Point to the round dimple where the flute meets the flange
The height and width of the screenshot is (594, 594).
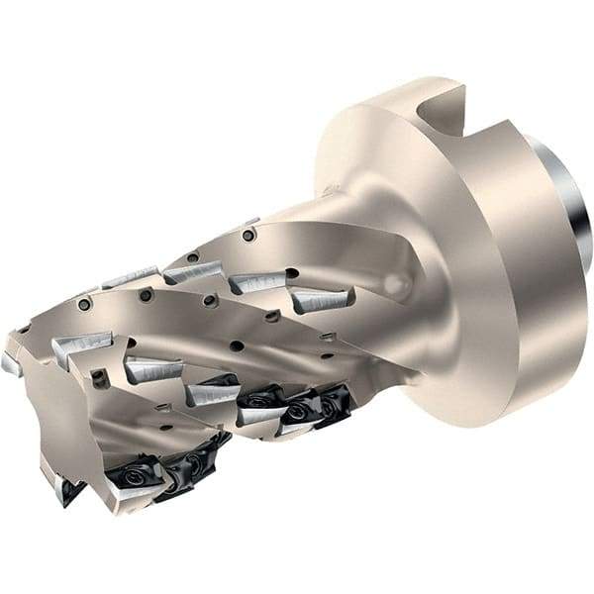pos(395,284)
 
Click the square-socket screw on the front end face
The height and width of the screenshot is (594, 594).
pos(99,377)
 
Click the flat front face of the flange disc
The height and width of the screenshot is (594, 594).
pos(396,198)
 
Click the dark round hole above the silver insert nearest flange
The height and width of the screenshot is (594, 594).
pos(293,273)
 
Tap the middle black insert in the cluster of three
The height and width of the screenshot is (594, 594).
pos(297,408)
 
